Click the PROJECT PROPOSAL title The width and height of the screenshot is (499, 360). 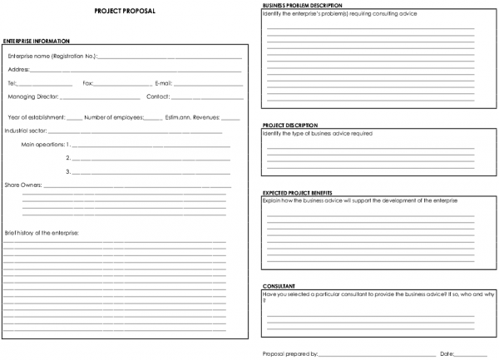[124, 12]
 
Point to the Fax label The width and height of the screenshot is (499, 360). [88, 83]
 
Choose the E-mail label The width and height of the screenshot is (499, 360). [163, 83]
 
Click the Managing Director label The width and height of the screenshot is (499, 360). [34, 96]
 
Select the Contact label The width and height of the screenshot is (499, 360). [158, 96]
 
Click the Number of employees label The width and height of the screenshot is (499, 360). [113, 117]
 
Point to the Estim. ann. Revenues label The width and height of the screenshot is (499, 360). [192, 117]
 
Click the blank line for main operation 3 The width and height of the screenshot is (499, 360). [150, 172]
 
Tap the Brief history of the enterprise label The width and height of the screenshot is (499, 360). [42, 232]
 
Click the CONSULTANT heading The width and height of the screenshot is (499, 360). [277, 286]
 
